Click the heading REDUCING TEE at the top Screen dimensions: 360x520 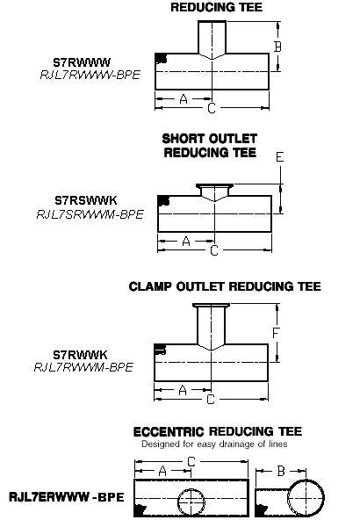(217, 7)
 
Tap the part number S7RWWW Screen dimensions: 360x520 (82, 62)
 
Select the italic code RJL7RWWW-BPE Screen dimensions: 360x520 (90, 75)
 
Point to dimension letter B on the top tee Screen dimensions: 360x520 (277, 47)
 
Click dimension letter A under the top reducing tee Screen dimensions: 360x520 (184, 99)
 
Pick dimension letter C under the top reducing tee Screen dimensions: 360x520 (212, 108)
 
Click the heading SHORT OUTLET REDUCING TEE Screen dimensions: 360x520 (210, 146)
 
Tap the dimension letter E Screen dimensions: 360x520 (280, 157)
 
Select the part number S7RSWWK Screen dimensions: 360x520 (86, 200)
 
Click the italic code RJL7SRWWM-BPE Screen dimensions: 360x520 (90, 214)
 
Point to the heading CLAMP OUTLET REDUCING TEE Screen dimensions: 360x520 (225, 286)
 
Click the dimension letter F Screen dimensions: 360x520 (276, 333)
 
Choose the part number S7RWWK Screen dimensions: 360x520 (80, 355)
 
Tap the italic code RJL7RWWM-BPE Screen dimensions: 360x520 (83, 367)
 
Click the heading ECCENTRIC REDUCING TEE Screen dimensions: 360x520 (218, 431)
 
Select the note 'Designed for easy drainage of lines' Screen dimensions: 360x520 (214, 444)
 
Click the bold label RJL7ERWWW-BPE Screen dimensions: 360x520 (67, 497)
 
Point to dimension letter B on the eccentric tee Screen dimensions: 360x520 (281, 471)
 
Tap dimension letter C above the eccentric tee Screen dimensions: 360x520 (191, 462)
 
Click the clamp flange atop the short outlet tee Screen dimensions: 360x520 (214, 185)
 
